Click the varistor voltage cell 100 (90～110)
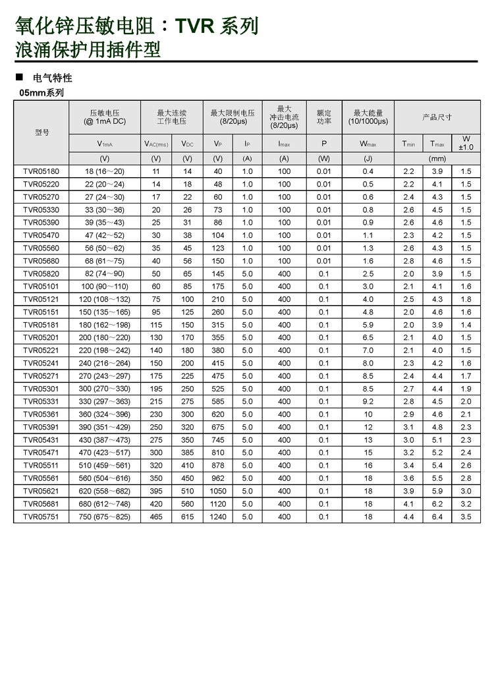click(104, 287)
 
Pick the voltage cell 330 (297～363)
click(104, 402)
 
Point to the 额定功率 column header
click(324, 117)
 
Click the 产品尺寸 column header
click(437, 117)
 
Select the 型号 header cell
click(41, 132)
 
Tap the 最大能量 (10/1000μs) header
click(368, 117)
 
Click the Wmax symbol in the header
click(368, 144)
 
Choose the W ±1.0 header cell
click(466, 143)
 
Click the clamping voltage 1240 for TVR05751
click(217, 517)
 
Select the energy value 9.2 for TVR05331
click(368, 402)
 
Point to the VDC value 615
click(187, 517)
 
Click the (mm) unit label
click(437, 159)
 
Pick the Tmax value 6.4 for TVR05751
click(437, 517)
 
